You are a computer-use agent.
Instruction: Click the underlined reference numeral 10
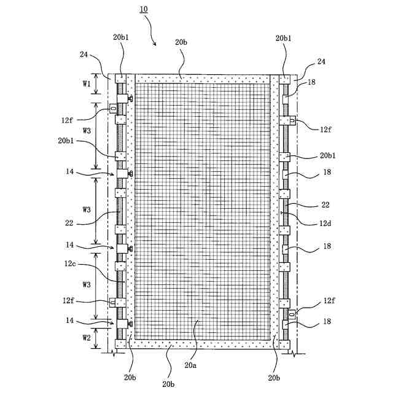[143, 10]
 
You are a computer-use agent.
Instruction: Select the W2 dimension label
[87, 337]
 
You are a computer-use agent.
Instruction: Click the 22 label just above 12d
[327, 204]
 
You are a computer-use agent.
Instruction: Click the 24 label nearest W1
[84, 54]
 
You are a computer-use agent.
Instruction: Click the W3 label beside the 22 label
[87, 209]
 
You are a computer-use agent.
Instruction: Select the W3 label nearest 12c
[87, 285]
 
